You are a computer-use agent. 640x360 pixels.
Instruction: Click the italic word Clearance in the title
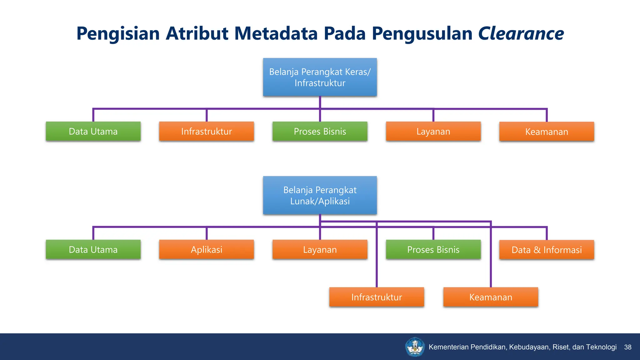pyautogui.click(x=521, y=33)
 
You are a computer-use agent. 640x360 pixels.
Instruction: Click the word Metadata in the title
pyautogui.click(x=276, y=33)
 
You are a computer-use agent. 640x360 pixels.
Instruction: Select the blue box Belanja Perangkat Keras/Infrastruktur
pyautogui.click(x=320, y=77)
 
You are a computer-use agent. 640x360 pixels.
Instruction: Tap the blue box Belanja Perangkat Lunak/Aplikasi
pyautogui.click(x=320, y=195)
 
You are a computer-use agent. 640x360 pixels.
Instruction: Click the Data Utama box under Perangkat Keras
pyautogui.click(x=93, y=132)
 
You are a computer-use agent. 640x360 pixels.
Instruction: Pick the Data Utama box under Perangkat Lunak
pyautogui.click(x=93, y=250)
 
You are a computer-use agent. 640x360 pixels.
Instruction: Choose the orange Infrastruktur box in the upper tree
pyautogui.click(x=207, y=132)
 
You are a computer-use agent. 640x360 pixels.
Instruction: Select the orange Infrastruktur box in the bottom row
pyautogui.click(x=377, y=297)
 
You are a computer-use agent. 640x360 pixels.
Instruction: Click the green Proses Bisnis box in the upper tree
pyautogui.click(x=320, y=132)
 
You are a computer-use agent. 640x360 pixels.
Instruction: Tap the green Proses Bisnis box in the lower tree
pyautogui.click(x=433, y=250)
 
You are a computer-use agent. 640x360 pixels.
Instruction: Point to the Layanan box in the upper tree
pyautogui.click(x=433, y=132)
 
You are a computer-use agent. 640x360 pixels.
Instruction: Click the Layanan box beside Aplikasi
pyautogui.click(x=320, y=250)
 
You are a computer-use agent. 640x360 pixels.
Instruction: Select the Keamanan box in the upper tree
pyautogui.click(x=547, y=132)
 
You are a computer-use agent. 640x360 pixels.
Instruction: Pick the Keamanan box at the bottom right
pyautogui.click(x=491, y=297)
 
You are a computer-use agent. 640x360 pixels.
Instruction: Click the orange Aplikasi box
pyautogui.click(x=207, y=250)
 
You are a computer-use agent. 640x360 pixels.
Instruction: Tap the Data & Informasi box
pyautogui.click(x=547, y=250)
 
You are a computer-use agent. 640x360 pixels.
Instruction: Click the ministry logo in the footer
pyautogui.click(x=415, y=347)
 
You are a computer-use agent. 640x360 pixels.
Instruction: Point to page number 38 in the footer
pyautogui.click(x=627, y=347)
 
